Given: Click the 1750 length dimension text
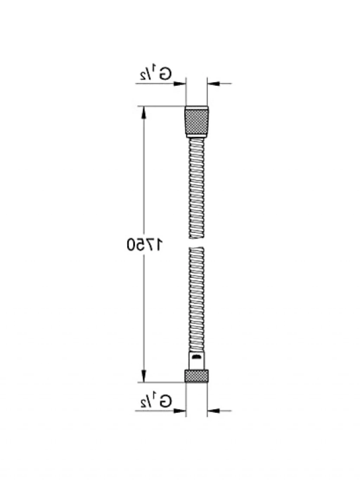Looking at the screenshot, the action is tap(145, 244).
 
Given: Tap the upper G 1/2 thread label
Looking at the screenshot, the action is tap(156, 75).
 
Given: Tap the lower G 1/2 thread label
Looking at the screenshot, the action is tap(156, 402).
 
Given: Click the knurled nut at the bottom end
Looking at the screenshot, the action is tap(197, 376).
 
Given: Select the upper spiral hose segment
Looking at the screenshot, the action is tap(197, 188).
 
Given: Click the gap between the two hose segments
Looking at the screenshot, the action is tap(197, 243).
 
